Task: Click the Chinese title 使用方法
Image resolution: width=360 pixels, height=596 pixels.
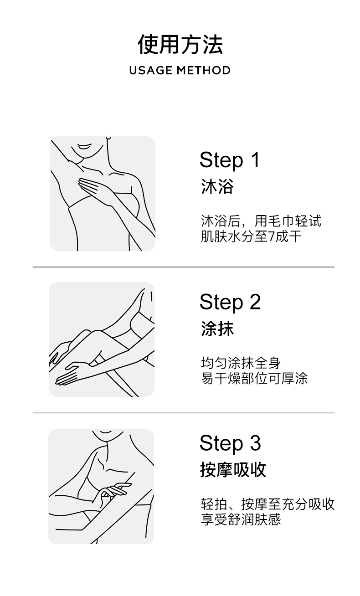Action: click(x=180, y=44)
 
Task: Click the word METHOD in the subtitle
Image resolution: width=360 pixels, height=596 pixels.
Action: click(x=204, y=70)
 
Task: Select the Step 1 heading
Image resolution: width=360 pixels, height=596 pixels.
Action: click(x=230, y=160)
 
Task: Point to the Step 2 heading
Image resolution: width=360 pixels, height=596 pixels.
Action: click(x=230, y=302)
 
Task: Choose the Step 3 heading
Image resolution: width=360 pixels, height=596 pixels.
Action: click(x=230, y=443)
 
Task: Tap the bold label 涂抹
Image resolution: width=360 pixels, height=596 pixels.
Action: click(x=217, y=329)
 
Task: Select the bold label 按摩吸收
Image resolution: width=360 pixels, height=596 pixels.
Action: click(x=233, y=470)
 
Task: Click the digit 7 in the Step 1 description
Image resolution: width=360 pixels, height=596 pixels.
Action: click(x=272, y=236)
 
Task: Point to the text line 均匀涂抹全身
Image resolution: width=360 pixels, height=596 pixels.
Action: click(x=241, y=363)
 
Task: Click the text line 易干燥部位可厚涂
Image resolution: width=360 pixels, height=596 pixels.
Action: click(x=254, y=378)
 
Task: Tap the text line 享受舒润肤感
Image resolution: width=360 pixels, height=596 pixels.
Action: click(x=241, y=519)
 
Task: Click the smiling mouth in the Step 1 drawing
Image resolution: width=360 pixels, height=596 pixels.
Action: click(x=85, y=147)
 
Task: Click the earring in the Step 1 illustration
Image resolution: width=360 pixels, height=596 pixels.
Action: click(x=108, y=138)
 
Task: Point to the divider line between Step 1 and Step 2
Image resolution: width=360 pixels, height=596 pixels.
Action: click(x=184, y=267)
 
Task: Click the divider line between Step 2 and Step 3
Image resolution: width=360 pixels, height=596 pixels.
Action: click(x=184, y=413)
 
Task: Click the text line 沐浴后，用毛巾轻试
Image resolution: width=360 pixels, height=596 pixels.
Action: click(x=261, y=221)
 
